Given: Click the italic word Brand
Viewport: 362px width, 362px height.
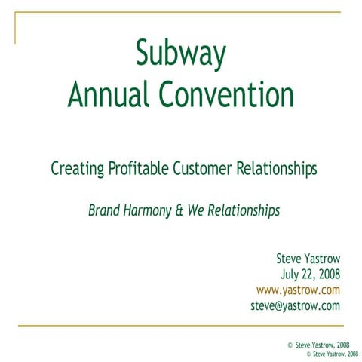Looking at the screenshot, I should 104,211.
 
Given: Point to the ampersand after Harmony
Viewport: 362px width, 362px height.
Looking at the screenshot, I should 181,211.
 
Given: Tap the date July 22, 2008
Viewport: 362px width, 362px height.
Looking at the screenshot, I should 310,275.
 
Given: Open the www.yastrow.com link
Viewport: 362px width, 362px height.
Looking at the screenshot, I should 299,290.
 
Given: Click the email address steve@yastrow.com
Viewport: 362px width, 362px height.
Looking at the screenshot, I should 295,306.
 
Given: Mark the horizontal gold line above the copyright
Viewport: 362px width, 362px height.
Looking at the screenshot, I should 181,326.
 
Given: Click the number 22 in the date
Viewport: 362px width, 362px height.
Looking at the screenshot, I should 307,275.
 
